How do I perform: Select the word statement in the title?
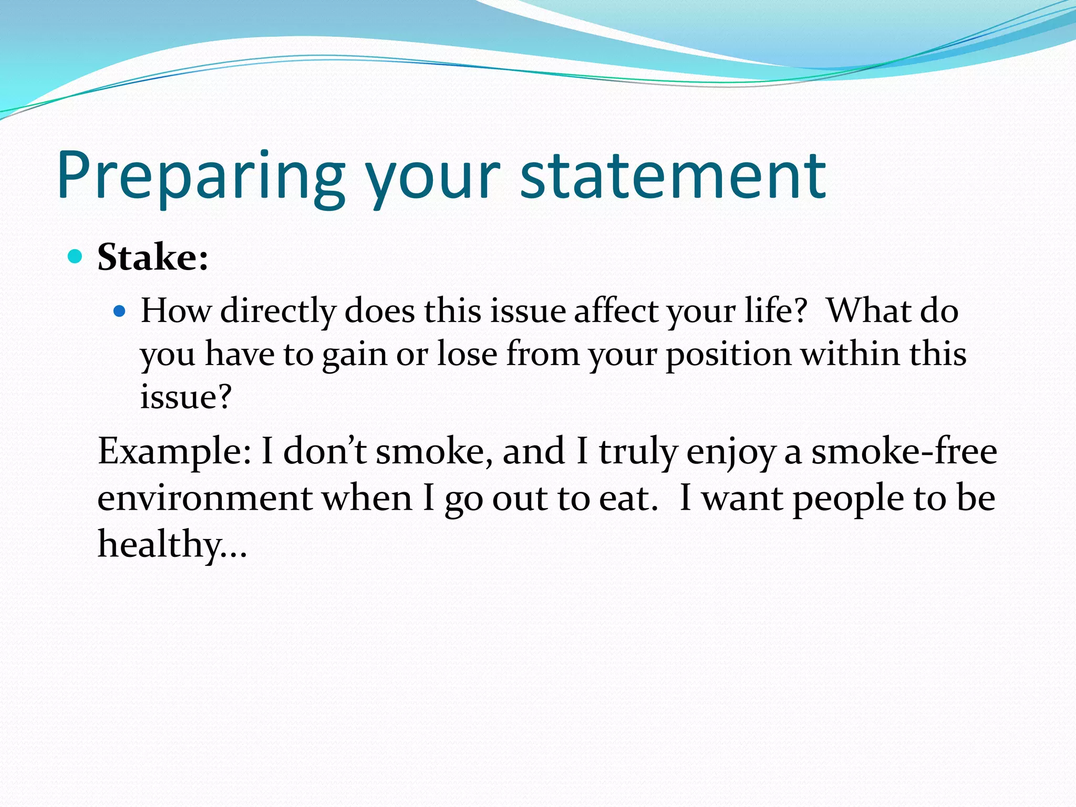coord(674,176)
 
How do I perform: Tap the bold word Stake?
coord(153,257)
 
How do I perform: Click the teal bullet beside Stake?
coord(76,256)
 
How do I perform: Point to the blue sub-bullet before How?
coord(120,311)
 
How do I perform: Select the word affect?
coord(615,311)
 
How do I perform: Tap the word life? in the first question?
coord(775,311)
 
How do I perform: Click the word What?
coord(868,311)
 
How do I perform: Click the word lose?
coord(467,354)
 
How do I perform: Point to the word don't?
coord(325,451)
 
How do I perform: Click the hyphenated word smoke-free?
coord(904,451)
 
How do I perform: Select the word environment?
coord(205,499)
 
